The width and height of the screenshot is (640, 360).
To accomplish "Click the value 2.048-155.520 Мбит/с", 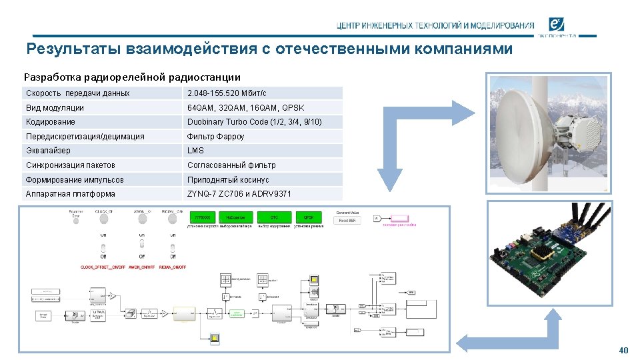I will [227, 93].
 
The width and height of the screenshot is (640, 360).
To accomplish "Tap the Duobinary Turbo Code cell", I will [254, 122].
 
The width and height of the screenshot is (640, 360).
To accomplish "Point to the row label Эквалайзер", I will [48, 151].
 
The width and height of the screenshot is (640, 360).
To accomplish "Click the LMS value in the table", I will [195, 151].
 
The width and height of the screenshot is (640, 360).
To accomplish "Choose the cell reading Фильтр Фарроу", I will [216, 137].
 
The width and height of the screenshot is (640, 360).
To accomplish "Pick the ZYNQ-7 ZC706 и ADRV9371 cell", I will [239, 194].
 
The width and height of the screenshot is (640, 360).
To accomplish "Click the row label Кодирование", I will [51, 122].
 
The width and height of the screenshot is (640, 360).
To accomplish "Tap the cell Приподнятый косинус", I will [228, 180].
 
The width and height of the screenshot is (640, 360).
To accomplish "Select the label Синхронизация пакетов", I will [71, 165].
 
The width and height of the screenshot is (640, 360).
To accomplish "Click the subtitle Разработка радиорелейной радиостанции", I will [132, 77].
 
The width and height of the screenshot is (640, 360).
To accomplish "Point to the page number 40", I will [623, 351].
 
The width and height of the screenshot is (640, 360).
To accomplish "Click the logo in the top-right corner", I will [559, 25].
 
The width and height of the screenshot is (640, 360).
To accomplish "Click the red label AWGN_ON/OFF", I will [143, 267].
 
